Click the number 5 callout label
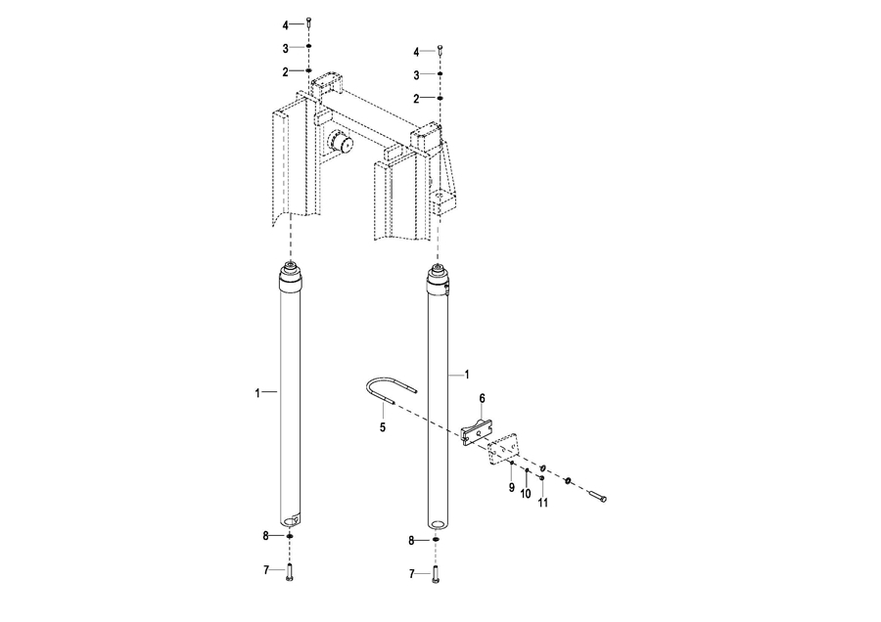(383, 427)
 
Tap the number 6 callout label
(482, 399)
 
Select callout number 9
(511, 487)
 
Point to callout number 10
(526, 494)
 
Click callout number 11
(542, 503)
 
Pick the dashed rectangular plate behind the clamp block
(502, 449)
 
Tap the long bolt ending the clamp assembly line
(597, 496)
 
